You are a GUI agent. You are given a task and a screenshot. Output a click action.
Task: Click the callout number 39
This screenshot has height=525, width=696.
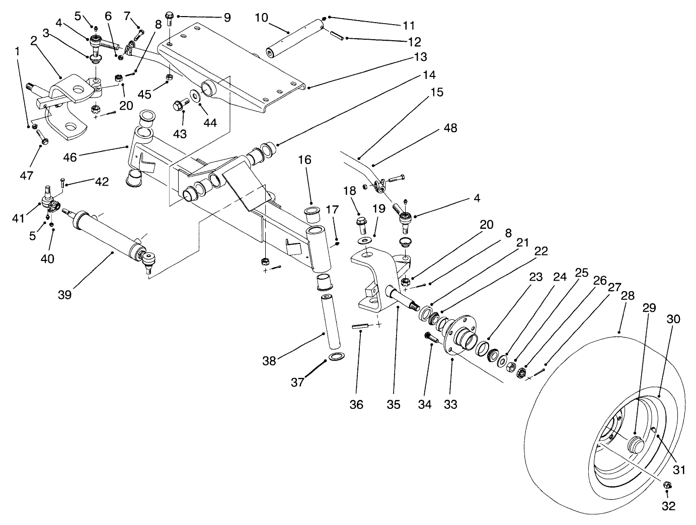pos(64,294)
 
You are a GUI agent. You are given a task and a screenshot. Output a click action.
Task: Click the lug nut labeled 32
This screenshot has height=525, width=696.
pos(668,485)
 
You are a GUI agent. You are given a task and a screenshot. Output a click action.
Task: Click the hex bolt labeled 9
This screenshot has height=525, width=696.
pos(170,18)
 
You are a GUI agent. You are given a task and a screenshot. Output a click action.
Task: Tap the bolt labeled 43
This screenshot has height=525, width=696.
pos(179,106)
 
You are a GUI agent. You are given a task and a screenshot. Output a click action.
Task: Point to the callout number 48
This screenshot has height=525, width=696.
pos(450,128)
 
